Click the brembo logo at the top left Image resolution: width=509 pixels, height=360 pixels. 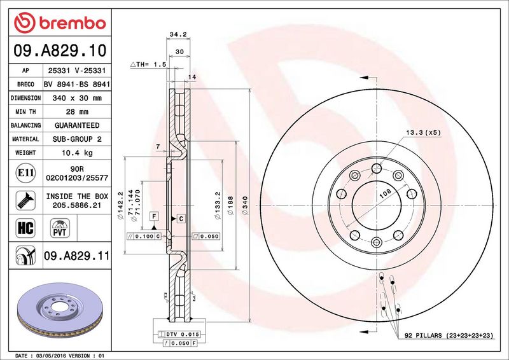(x=60, y=23)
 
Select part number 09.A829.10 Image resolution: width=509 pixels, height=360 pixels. (x=60, y=50)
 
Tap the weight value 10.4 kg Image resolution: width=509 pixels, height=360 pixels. (x=77, y=153)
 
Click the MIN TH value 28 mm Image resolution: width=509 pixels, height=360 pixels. (x=77, y=112)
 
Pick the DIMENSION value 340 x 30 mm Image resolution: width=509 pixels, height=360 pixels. (x=77, y=98)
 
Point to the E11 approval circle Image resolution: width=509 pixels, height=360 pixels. (x=25, y=173)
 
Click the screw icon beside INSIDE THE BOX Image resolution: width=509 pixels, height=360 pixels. (x=25, y=200)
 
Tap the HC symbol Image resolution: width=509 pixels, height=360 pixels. (x=25, y=228)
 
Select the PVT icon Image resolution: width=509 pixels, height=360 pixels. (x=60, y=228)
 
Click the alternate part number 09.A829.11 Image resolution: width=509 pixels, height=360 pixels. (x=76, y=256)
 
